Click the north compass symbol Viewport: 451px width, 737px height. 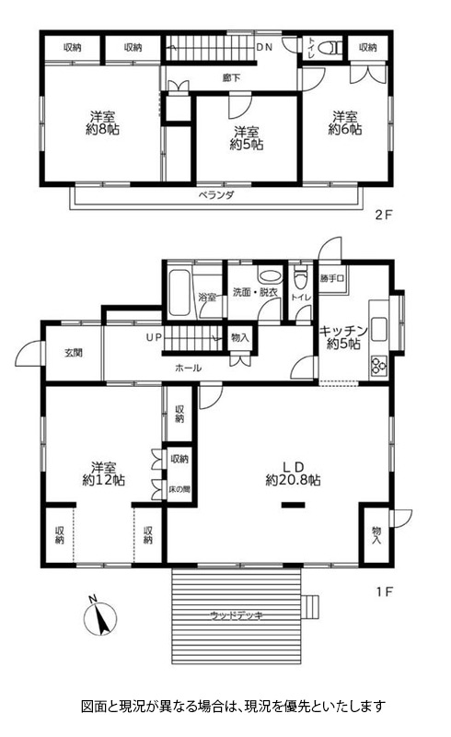99,617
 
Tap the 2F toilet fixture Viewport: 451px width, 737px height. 331,48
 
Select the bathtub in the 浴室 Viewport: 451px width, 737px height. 179,292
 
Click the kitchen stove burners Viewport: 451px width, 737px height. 378,365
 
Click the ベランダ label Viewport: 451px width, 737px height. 215,195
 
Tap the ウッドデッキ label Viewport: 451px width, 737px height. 237,615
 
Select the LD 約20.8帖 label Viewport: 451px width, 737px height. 293,474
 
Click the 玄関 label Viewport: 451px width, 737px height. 74,353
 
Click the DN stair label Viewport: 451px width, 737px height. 264,47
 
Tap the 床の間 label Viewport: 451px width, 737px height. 179,489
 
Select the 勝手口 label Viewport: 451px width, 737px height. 332,278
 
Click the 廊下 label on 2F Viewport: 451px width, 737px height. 231,77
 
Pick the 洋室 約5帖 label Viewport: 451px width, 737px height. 247,138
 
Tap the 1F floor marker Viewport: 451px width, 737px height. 384,591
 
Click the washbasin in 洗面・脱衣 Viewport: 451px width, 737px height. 268,276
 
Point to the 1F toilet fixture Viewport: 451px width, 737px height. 300,278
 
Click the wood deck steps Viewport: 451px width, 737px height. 309,607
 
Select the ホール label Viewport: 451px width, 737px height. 189,368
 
